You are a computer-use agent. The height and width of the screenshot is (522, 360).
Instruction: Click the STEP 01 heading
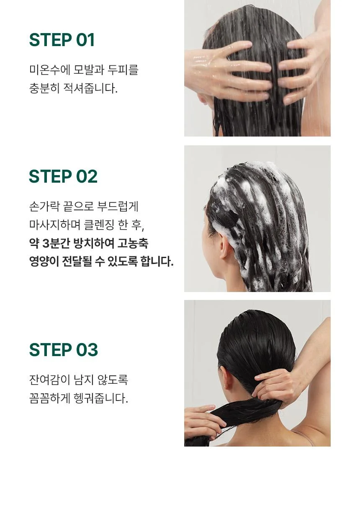(62, 40)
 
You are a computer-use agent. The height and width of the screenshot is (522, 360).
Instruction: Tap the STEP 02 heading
(63, 176)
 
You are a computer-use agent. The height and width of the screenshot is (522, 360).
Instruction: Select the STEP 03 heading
(63, 349)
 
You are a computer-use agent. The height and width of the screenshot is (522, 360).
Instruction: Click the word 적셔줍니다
(90, 88)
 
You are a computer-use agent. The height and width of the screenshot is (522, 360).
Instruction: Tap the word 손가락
(44, 206)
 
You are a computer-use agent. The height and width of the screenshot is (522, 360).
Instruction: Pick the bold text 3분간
(55, 243)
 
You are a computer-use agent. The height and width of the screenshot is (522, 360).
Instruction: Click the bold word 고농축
(133, 243)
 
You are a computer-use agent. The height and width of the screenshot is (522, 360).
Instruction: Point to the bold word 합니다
(157, 261)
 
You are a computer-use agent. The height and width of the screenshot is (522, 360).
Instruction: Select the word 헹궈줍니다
(100, 398)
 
